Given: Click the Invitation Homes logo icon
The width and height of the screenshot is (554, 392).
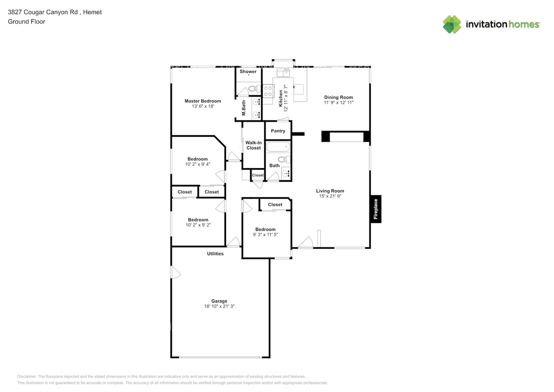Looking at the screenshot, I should click(452, 24).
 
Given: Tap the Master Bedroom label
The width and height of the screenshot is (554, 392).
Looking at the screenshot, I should click(202, 101).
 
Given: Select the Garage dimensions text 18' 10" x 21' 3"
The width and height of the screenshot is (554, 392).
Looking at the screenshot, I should click(219, 306).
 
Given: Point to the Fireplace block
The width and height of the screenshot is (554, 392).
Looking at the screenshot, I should click(376, 209).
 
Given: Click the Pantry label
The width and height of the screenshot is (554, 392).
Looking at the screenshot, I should click(278, 131).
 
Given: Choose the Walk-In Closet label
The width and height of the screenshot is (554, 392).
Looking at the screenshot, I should click(254, 145).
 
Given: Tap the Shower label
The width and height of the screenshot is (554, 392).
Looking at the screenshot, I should click(248, 72).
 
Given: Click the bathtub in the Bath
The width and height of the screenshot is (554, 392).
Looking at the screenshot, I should click(278, 147).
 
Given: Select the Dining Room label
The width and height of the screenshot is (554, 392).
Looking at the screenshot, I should click(339, 98).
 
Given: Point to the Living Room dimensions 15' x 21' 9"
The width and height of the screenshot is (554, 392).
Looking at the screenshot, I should click(330, 196).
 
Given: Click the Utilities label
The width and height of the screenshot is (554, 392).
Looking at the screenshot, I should click(215, 254).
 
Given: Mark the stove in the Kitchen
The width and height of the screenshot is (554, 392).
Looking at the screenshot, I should click(268, 91).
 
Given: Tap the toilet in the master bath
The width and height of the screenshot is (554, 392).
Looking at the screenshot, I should click(253, 88).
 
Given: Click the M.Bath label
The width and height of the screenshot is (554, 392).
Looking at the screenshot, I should click(244, 108).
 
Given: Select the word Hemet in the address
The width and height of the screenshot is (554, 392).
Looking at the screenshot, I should click(94, 12).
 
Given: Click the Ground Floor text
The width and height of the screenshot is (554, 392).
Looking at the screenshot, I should click(26, 21).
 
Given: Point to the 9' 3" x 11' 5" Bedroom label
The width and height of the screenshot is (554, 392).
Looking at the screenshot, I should click(265, 229).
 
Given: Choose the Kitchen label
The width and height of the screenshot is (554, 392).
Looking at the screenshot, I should click(280, 98).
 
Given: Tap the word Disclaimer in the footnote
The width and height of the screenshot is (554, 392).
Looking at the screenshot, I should click(27, 376).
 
